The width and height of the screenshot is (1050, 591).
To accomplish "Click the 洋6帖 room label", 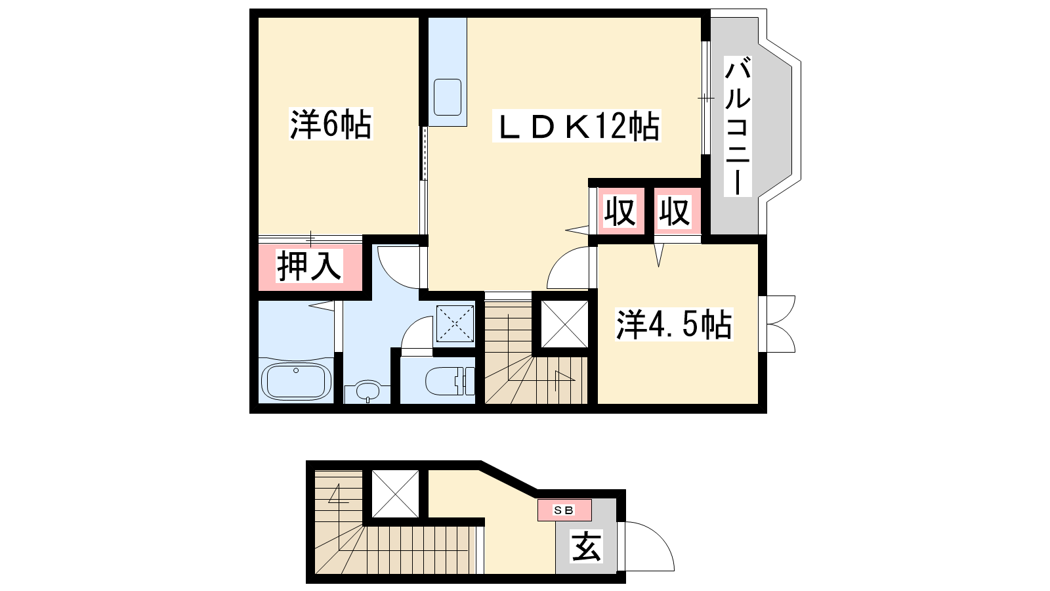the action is (331, 124).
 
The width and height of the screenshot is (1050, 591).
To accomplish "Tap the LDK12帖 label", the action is (577, 125).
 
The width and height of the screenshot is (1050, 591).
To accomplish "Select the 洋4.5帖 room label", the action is (673, 324).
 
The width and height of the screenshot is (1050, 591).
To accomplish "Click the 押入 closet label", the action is (309, 265).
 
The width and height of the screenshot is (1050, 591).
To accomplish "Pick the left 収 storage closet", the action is (620, 211).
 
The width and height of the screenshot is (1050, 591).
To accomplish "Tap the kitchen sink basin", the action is (448, 97).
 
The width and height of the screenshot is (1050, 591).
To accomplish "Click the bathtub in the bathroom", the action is (296, 382).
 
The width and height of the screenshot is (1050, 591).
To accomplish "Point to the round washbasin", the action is (367, 390).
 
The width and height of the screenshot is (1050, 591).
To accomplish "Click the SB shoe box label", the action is (564, 510).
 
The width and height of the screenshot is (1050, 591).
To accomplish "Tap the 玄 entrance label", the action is (587, 546).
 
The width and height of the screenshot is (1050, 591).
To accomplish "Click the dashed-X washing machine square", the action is (455, 323).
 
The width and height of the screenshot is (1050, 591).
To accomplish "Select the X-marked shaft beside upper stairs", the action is (564, 324).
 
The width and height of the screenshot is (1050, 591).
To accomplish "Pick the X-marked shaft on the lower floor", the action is (395, 494).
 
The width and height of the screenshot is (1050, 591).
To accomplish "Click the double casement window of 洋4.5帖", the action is (777, 324).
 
